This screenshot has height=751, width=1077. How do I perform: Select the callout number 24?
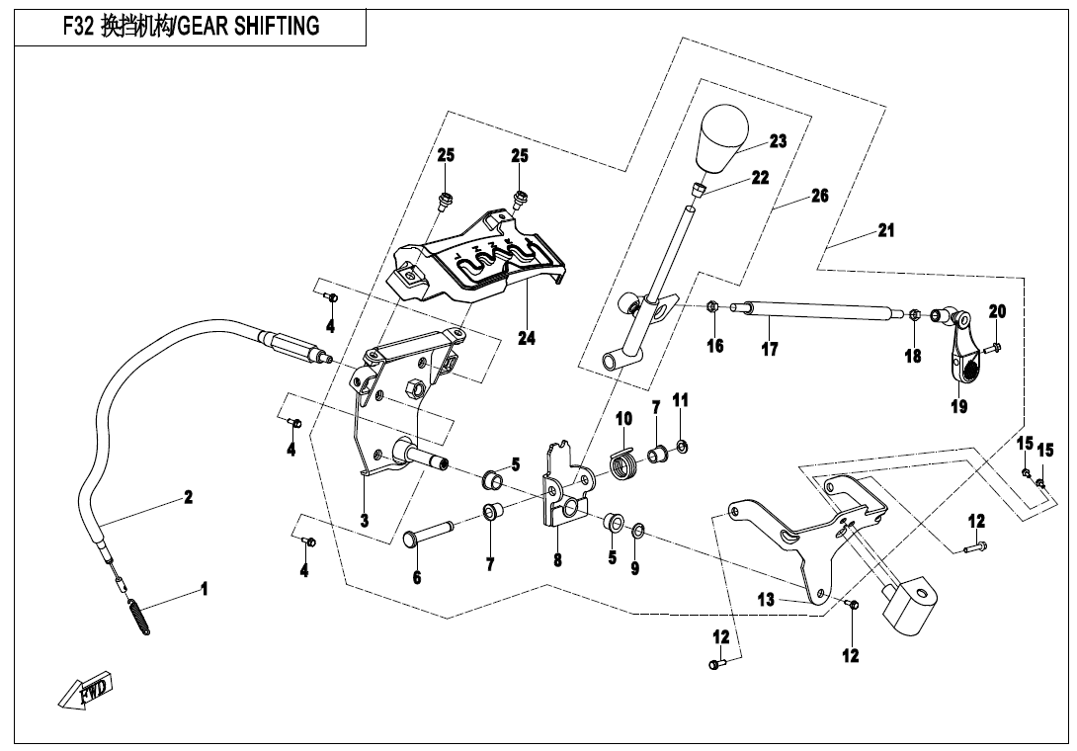pos(527,338)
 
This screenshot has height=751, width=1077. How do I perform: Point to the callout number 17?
pos(770,349)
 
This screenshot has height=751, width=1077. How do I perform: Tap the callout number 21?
pos(885,230)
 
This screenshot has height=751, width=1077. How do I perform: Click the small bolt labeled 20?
pos(993,346)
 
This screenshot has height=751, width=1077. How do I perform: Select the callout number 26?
pos(819,196)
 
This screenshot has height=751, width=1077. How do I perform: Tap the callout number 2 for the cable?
pos(188,497)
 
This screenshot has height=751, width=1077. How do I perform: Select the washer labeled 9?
pos(636,533)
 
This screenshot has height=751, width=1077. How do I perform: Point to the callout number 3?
pos(364,520)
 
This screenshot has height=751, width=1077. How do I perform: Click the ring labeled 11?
pos(682,446)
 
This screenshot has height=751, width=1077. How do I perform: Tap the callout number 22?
pos(760,178)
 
